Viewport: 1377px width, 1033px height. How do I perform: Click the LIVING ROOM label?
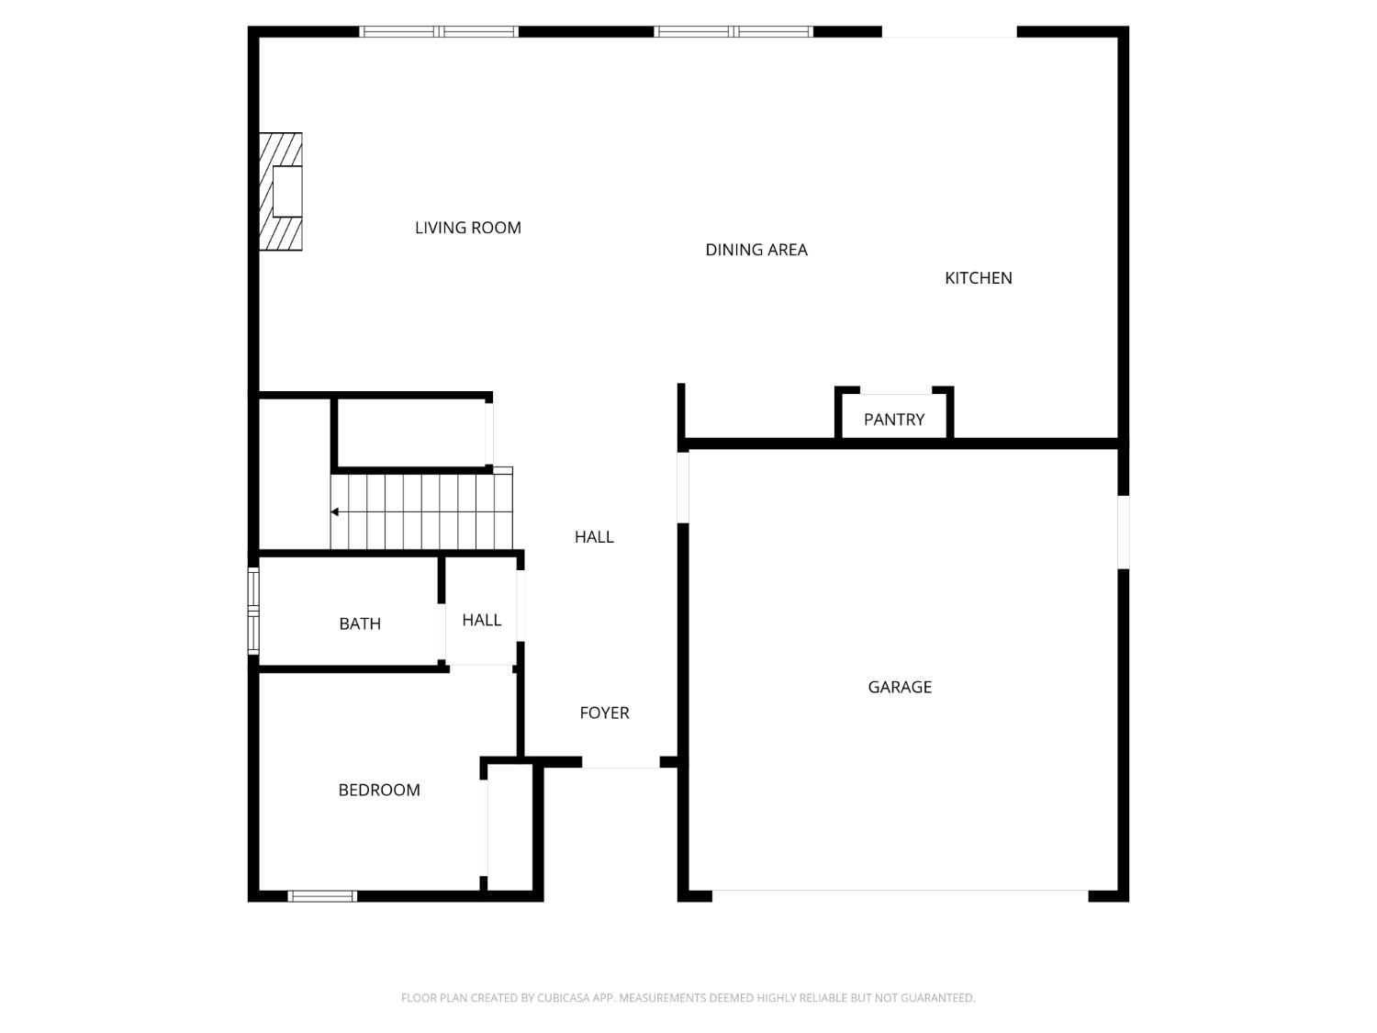tap(467, 228)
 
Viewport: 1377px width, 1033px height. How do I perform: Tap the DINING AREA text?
tap(756, 250)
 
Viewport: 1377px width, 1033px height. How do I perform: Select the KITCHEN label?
tap(978, 278)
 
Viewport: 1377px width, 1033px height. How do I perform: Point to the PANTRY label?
tap(893, 420)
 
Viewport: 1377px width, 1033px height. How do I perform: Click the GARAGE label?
tap(900, 687)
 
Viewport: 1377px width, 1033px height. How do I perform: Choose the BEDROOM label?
tap(379, 790)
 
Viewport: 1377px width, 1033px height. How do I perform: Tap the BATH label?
tap(360, 623)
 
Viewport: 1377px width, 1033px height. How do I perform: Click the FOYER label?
tap(604, 713)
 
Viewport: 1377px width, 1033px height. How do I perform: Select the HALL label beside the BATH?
tap(481, 620)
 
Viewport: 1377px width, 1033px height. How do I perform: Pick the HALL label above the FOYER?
tap(594, 537)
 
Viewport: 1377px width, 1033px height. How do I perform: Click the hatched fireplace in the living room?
tap(281, 191)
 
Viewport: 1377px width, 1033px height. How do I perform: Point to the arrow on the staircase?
tap(336, 511)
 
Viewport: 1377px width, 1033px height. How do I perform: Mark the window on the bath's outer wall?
tap(253, 610)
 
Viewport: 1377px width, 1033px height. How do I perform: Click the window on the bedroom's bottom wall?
tap(322, 896)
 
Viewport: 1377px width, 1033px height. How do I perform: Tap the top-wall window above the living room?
tap(439, 32)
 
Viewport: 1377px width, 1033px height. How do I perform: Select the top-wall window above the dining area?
tap(733, 32)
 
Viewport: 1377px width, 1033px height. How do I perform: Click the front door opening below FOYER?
tap(621, 763)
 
